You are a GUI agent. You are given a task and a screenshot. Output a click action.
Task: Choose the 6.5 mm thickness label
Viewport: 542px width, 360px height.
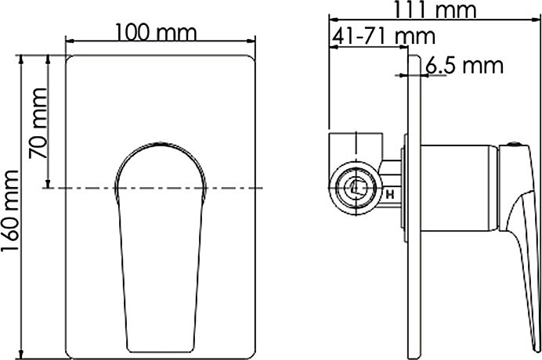coord(464,66)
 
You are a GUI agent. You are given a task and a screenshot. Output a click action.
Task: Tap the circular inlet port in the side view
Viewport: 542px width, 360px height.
coord(354,187)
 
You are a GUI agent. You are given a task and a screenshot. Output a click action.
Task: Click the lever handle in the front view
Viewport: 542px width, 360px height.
coord(160,250)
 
